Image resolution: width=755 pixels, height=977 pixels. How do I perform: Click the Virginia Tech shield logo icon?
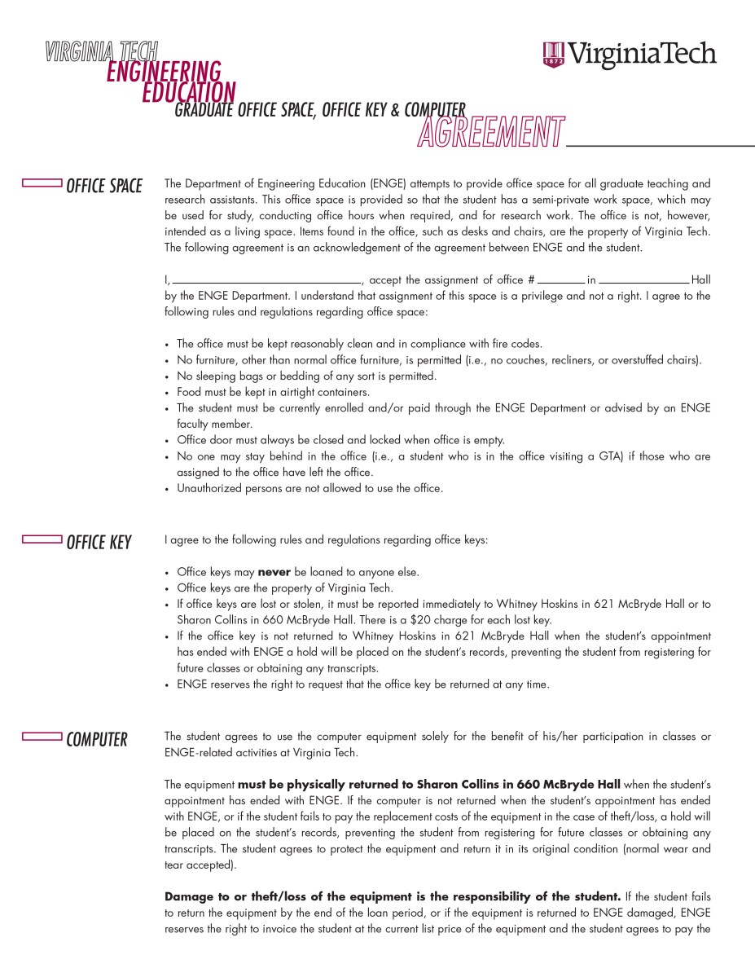point(553,55)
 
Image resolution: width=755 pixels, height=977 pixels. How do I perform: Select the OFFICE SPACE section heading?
point(104,187)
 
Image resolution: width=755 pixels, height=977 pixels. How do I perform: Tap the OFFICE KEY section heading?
point(99,542)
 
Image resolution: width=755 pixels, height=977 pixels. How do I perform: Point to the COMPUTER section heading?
point(97,740)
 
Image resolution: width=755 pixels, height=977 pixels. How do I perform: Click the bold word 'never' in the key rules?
point(274,572)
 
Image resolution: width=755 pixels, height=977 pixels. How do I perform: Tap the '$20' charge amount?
point(422,620)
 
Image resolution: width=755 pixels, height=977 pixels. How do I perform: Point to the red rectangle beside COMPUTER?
point(42,736)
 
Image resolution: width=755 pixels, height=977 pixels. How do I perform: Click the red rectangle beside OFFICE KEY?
point(42,538)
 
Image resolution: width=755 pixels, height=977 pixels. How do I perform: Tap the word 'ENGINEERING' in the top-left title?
point(164,73)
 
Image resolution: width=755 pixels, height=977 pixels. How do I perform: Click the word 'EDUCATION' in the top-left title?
point(188,93)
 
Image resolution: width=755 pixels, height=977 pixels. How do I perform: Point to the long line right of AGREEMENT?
point(660,145)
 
